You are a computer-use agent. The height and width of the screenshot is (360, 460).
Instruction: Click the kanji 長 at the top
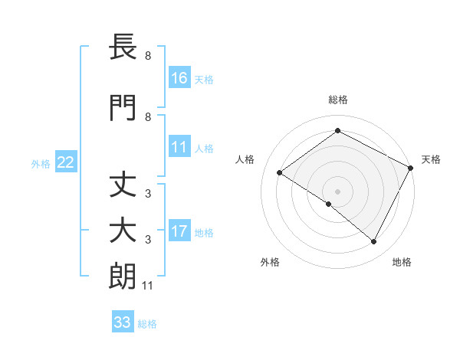tap(123, 47)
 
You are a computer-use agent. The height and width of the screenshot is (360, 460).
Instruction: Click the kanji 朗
tap(123, 277)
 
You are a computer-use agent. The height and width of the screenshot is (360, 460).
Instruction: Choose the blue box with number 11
tap(179, 147)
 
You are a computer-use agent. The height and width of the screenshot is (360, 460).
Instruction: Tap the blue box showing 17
tap(179, 231)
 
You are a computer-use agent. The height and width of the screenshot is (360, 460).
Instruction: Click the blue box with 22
tap(66, 162)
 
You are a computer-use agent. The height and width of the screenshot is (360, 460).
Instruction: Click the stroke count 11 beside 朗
tap(148, 286)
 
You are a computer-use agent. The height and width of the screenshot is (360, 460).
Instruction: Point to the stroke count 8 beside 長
tap(148, 56)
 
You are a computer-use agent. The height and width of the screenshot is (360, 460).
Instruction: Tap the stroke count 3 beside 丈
tap(148, 194)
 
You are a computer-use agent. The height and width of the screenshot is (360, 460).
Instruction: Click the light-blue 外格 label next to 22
tap(41, 163)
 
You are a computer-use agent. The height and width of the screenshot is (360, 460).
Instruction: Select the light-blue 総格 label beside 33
tap(148, 323)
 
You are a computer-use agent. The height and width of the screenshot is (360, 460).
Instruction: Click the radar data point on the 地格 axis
tap(374, 242)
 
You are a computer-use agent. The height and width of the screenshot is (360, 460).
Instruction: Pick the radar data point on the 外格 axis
tap(329, 205)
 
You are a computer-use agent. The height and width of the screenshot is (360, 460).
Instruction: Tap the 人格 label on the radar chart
tap(245, 159)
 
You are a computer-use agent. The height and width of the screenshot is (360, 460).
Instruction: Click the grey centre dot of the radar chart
tap(337, 191)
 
